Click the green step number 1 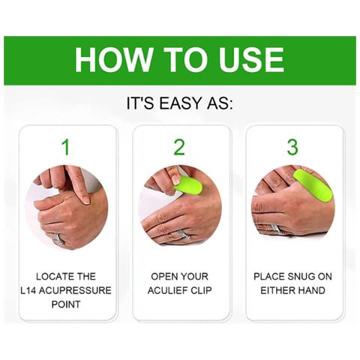(66, 147)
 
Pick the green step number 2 (179, 147)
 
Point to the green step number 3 (292, 147)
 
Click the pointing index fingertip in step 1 (85, 199)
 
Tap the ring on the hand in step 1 (58, 238)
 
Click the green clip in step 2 (188, 185)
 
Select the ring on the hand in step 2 (182, 235)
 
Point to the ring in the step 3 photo (275, 228)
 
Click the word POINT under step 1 (66, 304)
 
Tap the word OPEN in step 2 (163, 277)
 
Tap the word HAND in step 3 (311, 290)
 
